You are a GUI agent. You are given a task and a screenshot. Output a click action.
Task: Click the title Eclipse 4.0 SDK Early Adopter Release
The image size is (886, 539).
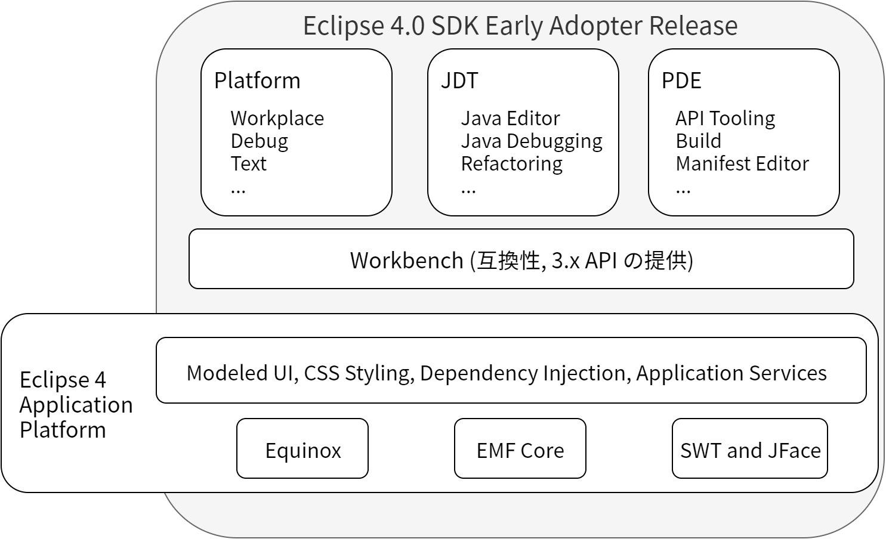point(520,26)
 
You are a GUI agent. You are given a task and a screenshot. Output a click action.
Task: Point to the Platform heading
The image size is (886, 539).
point(257,80)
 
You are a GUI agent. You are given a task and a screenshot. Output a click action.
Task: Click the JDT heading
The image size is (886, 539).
point(459,80)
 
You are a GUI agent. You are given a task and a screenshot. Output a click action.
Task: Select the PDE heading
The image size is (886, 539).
point(681,80)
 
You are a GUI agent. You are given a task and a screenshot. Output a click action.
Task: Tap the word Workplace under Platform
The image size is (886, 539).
point(277,118)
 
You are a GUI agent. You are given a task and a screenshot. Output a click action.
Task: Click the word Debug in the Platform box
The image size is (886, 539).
point(259,141)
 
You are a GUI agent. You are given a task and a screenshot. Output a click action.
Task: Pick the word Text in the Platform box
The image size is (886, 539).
point(248,163)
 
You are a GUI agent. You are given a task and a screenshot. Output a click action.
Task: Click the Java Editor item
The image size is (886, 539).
point(510,118)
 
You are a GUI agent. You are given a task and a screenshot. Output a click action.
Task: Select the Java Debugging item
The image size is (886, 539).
point(531,141)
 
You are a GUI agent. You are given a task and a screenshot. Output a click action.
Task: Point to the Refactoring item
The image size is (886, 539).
point(511,163)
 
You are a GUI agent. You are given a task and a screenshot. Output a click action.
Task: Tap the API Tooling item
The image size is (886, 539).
point(725,118)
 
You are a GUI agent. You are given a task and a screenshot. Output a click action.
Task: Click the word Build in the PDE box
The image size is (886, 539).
point(698,141)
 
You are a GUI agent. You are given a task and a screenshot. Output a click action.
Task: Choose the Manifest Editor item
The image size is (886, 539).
point(742,163)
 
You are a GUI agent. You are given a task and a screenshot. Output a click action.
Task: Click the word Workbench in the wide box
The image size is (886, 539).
point(406,260)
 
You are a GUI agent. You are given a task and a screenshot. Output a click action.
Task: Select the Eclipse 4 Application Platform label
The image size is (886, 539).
point(76,404)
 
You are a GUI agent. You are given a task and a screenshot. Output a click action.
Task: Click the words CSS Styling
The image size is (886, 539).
point(357,373)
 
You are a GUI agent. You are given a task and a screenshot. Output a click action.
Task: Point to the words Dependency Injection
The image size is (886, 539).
point(523,373)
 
